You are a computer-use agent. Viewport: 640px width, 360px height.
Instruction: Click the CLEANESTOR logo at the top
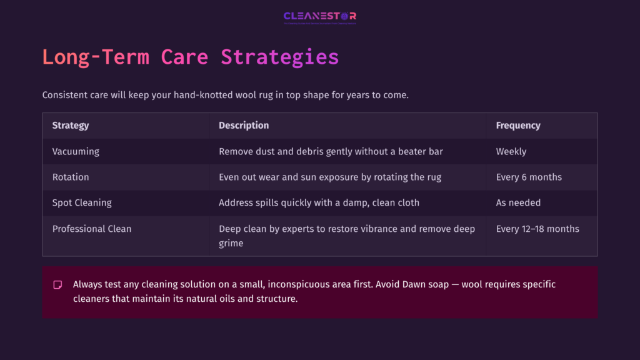click(x=319, y=17)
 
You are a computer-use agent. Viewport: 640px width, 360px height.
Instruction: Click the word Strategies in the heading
click(x=279, y=57)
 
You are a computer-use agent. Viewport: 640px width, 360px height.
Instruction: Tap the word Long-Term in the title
click(x=96, y=57)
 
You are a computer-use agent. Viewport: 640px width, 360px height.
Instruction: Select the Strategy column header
click(x=71, y=126)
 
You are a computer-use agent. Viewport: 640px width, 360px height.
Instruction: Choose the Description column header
click(x=244, y=126)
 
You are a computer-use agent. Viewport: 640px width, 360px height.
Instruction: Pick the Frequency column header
click(x=518, y=126)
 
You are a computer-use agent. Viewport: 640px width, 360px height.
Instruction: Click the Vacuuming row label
click(x=76, y=151)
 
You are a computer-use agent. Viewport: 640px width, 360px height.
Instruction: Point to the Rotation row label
click(x=71, y=177)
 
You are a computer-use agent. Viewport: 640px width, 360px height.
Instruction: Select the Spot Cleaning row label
click(x=82, y=202)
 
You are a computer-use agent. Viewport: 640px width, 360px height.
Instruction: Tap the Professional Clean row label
click(x=92, y=229)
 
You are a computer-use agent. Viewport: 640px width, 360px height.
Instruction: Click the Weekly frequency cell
click(x=511, y=151)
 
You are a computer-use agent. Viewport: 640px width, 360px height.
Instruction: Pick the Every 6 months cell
click(x=529, y=177)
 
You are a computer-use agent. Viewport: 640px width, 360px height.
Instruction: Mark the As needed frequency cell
click(x=518, y=202)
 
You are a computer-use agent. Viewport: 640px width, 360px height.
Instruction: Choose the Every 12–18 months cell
click(x=537, y=229)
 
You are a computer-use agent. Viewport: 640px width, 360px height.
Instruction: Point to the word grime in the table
click(x=231, y=242)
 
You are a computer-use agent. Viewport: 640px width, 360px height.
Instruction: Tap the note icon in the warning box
click(x=57, y=284)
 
